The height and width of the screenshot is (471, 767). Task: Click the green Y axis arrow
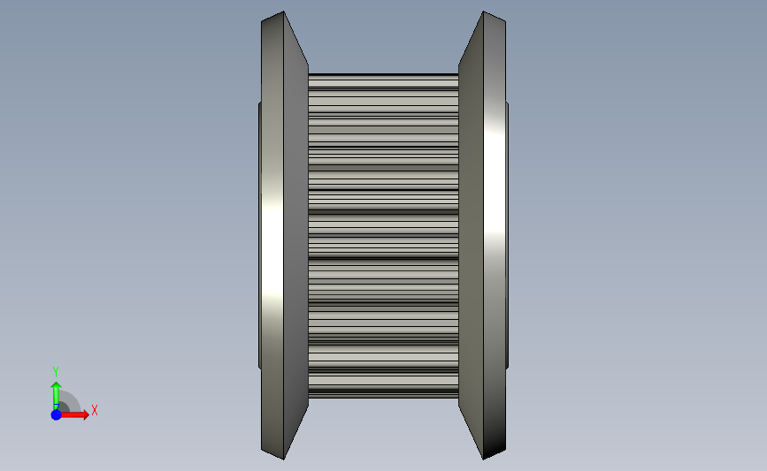[56, 396]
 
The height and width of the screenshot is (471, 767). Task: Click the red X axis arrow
[73, 414]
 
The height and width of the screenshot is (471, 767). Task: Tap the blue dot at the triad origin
[57, 414]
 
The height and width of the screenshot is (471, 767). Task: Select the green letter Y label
[55, 372]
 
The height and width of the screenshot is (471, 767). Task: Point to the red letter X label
[95, 410]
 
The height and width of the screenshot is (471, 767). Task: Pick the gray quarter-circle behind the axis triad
[71, 400]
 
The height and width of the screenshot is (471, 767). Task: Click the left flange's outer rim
[272, 235]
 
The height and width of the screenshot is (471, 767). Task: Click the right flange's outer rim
[495, 235]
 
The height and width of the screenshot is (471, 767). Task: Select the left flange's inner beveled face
[296, 235]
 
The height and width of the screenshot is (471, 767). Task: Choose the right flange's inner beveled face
[471, 235]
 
